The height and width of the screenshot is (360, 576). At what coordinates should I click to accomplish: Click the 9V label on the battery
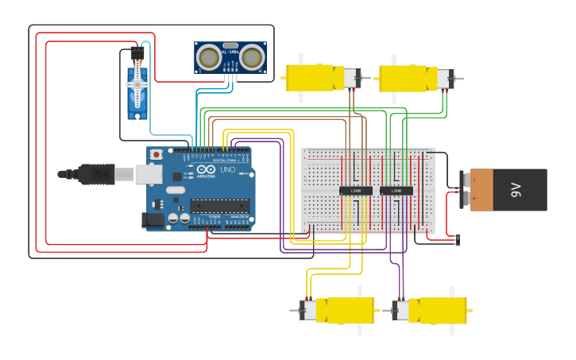[516, 190]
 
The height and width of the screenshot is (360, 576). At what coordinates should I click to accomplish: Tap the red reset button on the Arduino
[157, 153]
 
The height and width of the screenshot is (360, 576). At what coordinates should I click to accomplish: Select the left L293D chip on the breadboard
[355, 191]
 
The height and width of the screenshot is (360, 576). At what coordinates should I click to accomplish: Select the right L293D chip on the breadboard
[396, 191]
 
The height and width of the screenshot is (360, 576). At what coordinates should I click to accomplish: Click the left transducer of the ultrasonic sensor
[209, 57]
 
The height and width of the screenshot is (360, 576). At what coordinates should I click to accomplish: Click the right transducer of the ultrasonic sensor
[252, 57]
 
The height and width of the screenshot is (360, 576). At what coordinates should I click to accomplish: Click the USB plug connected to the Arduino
[95, 173]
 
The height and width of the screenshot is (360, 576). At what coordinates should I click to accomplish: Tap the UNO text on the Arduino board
[227, 170]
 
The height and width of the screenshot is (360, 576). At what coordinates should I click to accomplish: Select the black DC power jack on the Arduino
[152, 219]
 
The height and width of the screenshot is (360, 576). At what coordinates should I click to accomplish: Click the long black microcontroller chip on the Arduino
[219, 206]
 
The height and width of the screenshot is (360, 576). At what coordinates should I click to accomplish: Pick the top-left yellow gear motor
[316, 78]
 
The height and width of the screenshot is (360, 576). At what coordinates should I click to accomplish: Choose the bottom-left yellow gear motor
[342, 310]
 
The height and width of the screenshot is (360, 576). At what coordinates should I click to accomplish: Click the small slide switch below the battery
[457, 238]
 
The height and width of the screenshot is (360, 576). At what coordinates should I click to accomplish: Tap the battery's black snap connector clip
[463, 190]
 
